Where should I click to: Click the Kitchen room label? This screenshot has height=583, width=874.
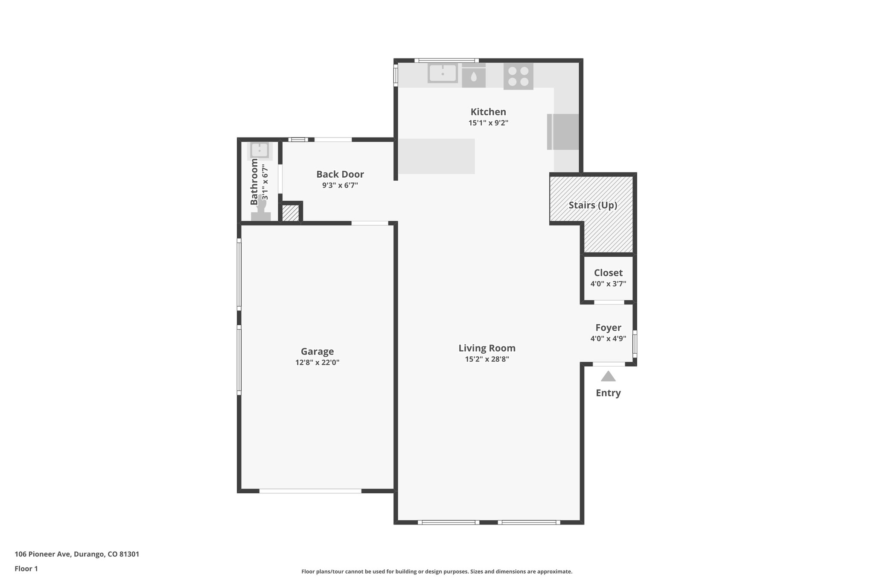[x=488, y=112]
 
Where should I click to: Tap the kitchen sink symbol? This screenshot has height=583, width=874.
[x=443, y=73]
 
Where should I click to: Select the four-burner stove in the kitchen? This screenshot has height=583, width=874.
[x=518, y=76]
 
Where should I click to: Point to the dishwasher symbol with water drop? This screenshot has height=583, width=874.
[x=474, y=76]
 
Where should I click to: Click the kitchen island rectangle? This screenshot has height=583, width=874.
[x=436, y=156]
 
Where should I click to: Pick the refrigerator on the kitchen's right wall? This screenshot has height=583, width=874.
[x=563, y=132]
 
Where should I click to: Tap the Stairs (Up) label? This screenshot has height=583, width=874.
[x=593, y=205]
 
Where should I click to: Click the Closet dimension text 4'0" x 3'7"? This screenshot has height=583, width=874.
[x=608, y=284]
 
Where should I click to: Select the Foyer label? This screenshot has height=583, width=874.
[x=608, y=328]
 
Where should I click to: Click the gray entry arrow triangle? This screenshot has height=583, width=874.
[x=608, y=377]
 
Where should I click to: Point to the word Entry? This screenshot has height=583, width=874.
[x=608, y=393]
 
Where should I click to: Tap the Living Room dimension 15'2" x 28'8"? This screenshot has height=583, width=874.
[x=487, y=359]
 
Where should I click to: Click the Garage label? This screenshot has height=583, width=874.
[x=317, y=352]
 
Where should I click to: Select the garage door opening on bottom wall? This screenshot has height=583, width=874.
[x=310, y=491]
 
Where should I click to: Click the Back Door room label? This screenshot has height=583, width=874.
[x=340, y=174]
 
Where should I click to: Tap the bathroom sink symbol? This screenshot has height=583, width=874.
[x=259, y=150]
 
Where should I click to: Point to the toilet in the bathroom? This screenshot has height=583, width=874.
[x=261, y=211]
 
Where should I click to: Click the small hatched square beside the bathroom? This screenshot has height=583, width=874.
[x=291, y=213]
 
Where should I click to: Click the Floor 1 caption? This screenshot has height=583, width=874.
[x=26, y=569]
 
